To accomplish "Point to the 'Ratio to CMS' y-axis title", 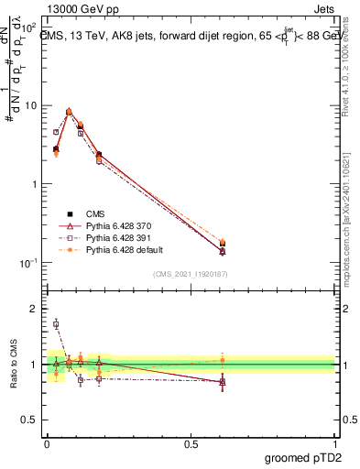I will [12, 363].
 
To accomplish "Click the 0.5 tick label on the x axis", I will [191, 442].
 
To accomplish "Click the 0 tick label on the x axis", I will [47, 442].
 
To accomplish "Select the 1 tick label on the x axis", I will [334, 442].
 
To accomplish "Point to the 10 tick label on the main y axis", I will [29, 105].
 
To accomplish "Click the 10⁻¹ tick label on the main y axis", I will [27, 262].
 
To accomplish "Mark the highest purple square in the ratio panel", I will [56, 323].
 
